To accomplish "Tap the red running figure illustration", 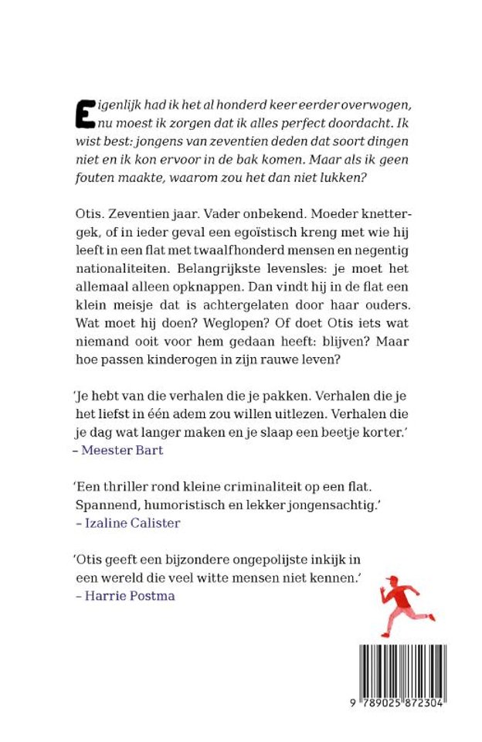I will tap(406, 605).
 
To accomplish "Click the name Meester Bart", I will tap(123, 450).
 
